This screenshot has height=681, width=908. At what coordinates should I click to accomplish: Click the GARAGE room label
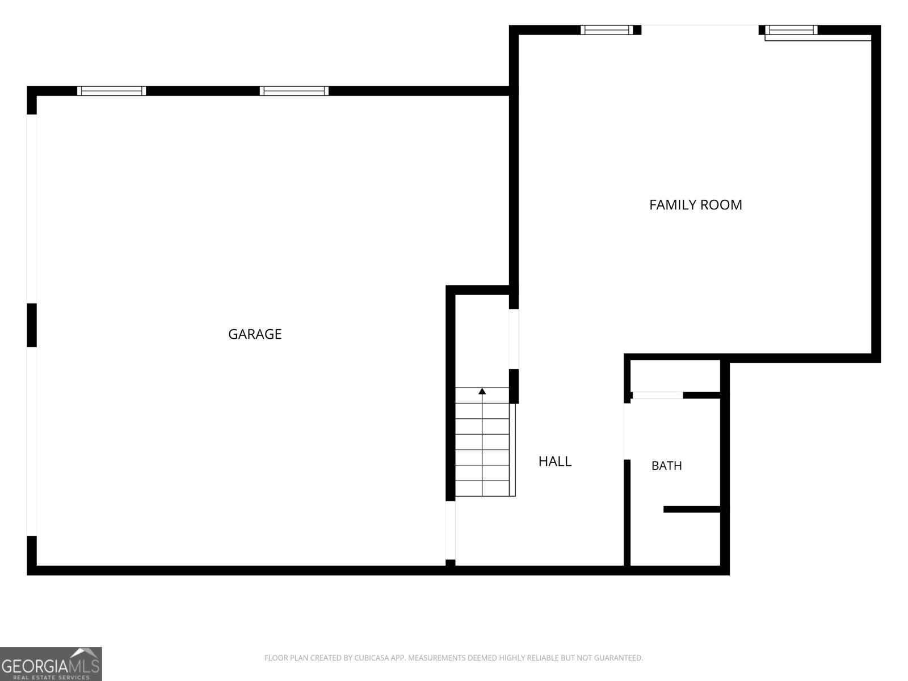tap(255, 334)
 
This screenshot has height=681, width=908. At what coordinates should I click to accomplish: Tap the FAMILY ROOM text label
tap(695, 205)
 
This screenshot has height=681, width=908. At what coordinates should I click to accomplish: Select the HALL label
tap(554, 461)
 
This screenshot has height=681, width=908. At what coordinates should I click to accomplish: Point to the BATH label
tap(666, 466)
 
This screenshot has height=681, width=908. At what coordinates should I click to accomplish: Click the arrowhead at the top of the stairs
tap(482, 391)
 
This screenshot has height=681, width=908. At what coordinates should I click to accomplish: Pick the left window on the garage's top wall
tap(112, 91)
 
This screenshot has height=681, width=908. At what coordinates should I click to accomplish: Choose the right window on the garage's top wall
tap(294, 91)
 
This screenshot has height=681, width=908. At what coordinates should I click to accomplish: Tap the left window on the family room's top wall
tap(607, 30)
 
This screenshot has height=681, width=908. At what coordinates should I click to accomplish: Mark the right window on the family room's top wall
tap(791, 30)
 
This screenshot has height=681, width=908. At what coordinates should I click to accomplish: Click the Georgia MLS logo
tap(51, 664)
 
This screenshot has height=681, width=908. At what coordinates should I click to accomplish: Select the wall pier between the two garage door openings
tap(32, 325)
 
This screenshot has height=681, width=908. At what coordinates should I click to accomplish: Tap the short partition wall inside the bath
tap(692, 510)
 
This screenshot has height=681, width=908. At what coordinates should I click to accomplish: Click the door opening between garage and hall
tap(451, 530)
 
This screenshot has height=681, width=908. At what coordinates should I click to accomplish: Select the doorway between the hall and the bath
tap(627, 431)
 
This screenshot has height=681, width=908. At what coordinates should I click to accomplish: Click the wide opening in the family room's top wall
tap(700, 30)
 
